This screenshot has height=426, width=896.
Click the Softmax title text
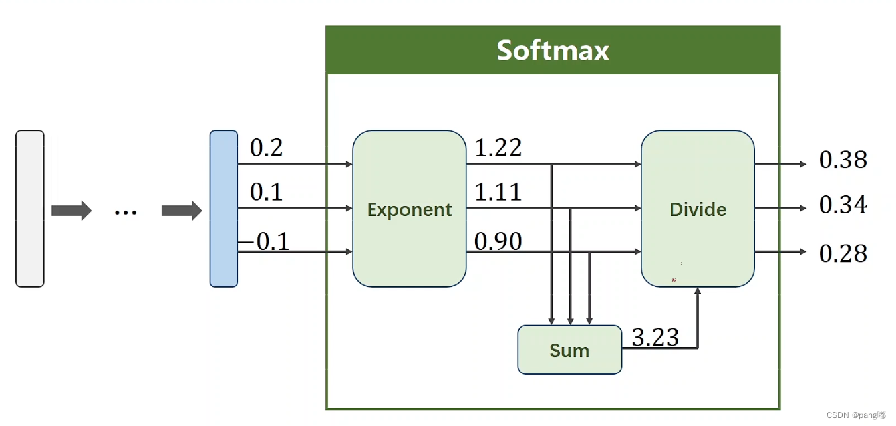pos(552,51)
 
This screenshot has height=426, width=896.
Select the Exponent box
pos(409,209)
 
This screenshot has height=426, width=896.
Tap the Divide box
pos(697,209)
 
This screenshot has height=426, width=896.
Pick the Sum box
pos(569,350)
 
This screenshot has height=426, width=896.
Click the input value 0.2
pos(266,148)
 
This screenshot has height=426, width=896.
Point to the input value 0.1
pos(266,192)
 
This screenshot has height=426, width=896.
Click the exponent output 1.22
pos(498,148)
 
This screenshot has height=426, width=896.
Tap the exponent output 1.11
pos(498,192)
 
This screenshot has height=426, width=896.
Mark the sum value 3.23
pos(655,338)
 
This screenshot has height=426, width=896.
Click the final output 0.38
pos(843,160)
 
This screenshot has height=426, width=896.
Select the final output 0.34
pos(843,206)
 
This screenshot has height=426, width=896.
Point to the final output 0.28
pos(843,254)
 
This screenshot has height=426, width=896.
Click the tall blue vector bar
pos(224,209)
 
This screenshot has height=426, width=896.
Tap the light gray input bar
pos(30,209)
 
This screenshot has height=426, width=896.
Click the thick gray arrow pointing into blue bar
pos(181,211)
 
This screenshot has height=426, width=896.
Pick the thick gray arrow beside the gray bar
pos(71,211)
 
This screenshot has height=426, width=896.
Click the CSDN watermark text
pos(856,415)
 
